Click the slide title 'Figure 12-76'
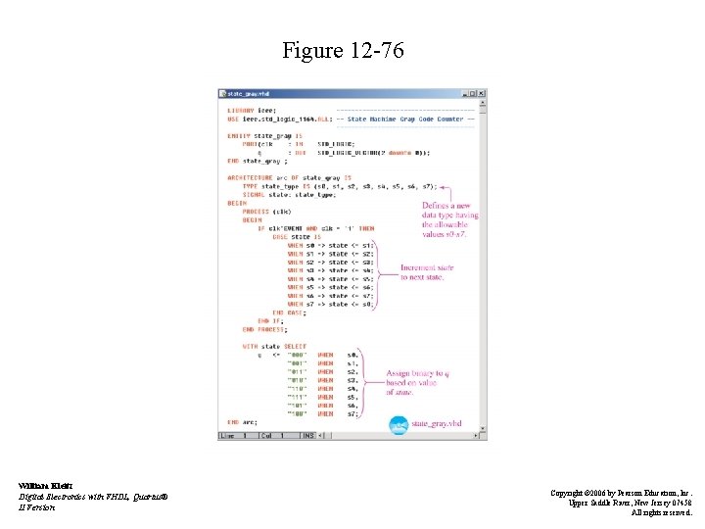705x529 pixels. tap(342, 50)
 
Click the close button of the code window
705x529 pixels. tap(482, 94)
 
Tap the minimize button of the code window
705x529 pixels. tap(463, 94)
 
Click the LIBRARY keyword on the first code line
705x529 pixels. tap(241, 111)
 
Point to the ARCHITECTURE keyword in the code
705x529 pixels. tap(249, 177)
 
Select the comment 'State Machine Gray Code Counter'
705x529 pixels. tap(405, 120)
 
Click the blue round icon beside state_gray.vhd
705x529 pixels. tap(399, 424)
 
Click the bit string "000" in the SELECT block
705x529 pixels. tap(296, 355)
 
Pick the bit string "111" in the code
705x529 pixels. tap(296, 397)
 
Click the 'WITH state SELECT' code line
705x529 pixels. tap(274, 346)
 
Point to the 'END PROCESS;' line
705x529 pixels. tap(263, 329)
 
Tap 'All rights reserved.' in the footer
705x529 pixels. tap(661, 511)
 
